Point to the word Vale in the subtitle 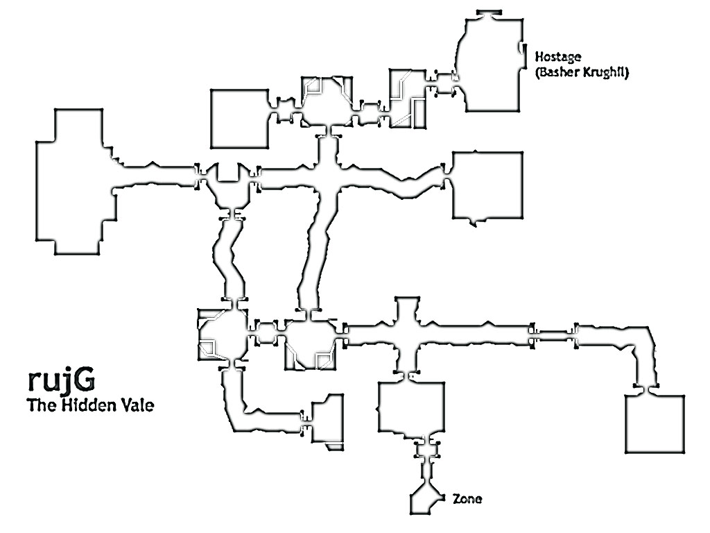(136, 405)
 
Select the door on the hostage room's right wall (521, 50)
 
